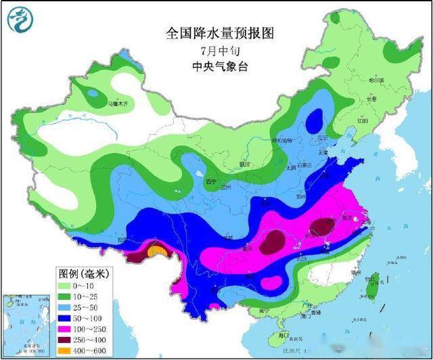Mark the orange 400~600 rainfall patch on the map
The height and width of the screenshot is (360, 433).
click(x=156, y=251)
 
